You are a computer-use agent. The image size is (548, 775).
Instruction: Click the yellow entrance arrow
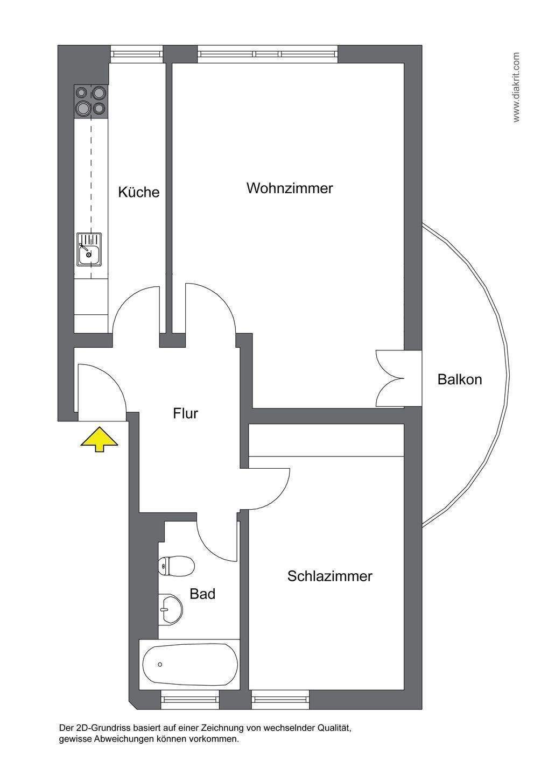(99, 439)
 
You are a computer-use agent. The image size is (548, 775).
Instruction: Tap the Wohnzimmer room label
(290, 188)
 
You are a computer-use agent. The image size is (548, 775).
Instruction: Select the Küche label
(139, 192)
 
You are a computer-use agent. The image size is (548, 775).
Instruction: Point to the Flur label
(186, 413)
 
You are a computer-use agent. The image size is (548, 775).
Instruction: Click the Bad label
(202, 594)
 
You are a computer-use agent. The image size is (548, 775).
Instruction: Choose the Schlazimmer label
(329, 576)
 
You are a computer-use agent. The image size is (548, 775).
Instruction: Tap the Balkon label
(459, 379)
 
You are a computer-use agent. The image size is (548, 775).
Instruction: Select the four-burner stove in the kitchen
(90, 101)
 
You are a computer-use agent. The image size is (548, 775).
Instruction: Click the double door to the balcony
(390, 378)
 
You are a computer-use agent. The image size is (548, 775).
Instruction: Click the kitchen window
(137, 54)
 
